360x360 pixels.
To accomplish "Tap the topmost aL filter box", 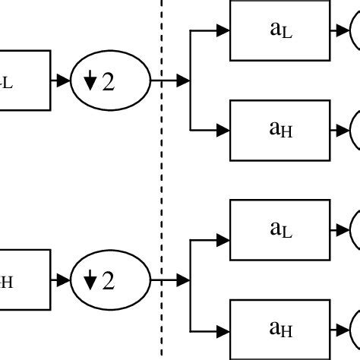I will click(x=280, y=31).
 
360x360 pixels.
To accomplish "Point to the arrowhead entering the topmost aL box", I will click(x=223, y=31).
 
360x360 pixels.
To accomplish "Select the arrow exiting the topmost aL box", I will click(x=340, y=31).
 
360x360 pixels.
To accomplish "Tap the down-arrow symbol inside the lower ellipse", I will click(x=90, y=281).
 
